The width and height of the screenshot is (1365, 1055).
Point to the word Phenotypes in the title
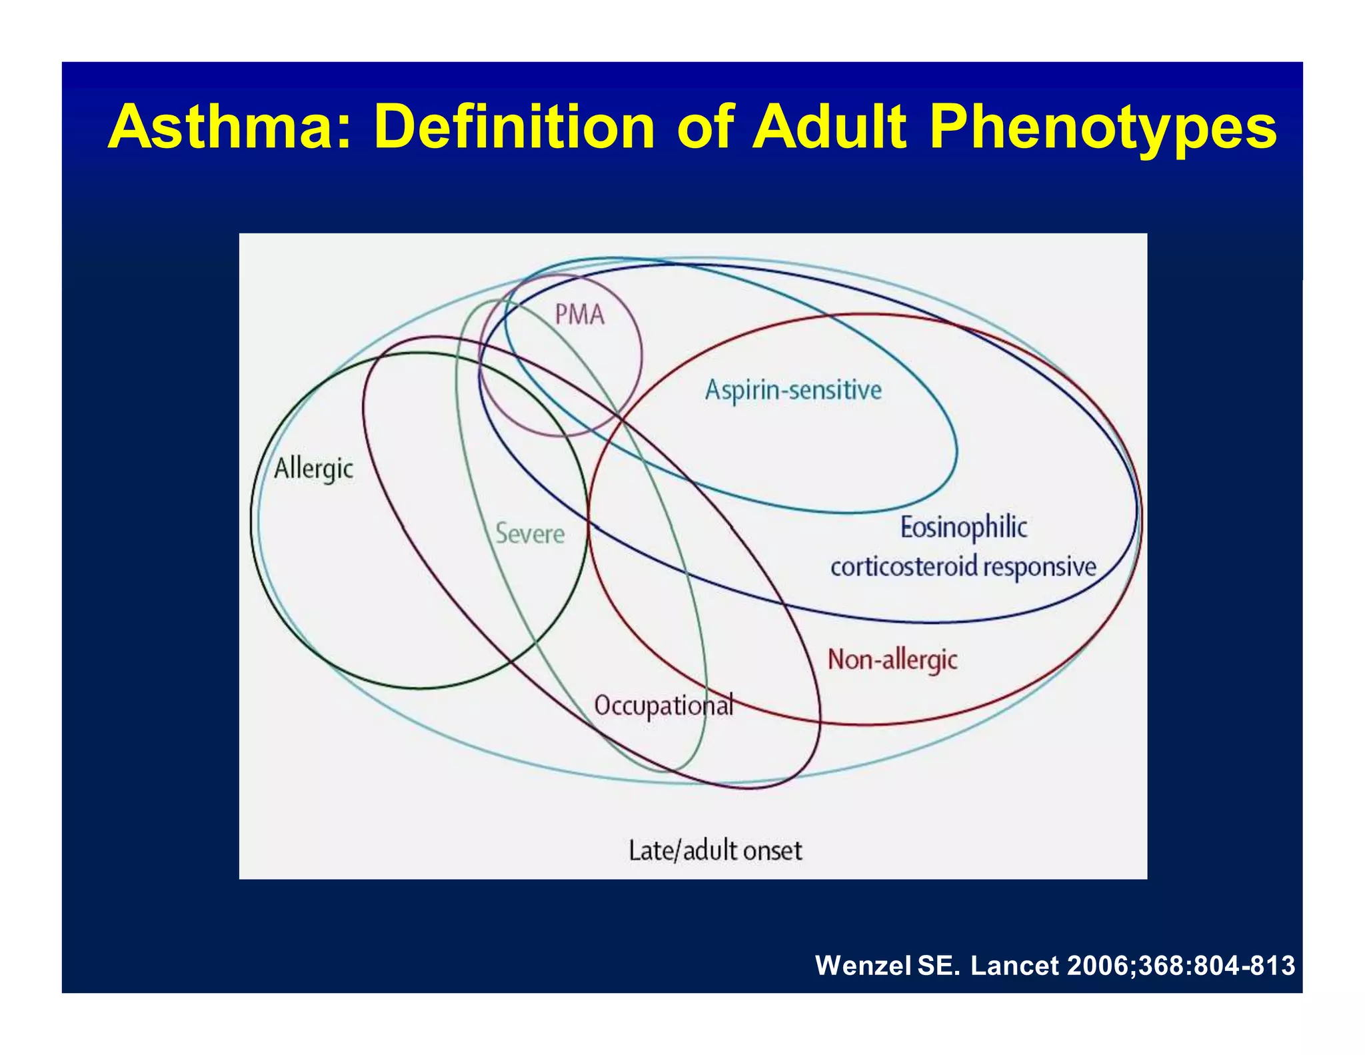point(1102,128)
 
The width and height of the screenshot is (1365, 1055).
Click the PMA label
point(580,315)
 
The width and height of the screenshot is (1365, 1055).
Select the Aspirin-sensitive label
point(793,390)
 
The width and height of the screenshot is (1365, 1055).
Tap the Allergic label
point(313,468)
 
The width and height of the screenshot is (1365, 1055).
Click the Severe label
point(530,534)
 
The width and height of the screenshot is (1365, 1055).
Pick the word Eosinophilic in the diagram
point(964,527)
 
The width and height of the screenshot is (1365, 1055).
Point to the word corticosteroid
point(904,567)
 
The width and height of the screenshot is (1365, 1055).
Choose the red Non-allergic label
point(892,660)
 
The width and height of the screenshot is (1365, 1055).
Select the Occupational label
point(664,706)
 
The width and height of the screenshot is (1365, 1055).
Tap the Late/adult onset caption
point(715,851)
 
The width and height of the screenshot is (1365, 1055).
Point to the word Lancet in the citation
point(1014,966)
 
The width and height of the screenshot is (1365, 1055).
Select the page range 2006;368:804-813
point(1181,966)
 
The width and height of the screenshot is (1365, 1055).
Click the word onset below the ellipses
point(772,851)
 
